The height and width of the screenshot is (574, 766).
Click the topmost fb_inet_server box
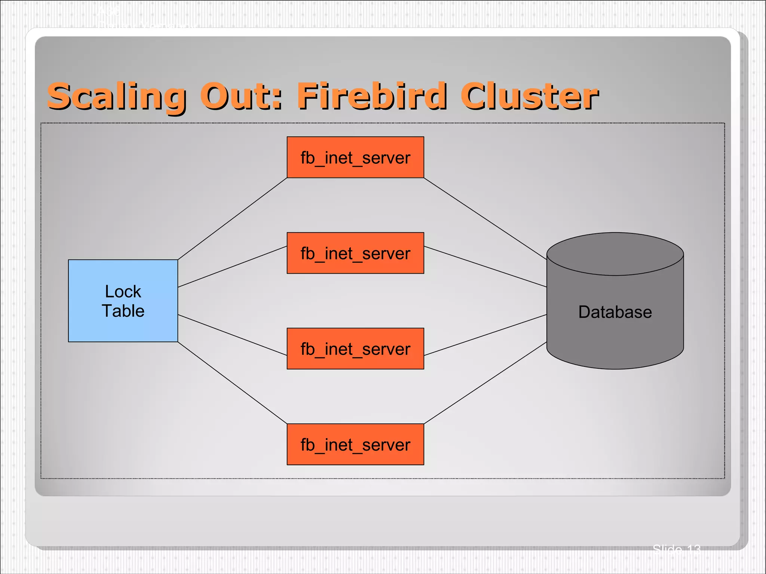[x=355, y=157]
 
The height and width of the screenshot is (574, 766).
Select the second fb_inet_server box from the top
[x=355, y=253]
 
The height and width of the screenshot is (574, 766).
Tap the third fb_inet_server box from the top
[x=355, y=349]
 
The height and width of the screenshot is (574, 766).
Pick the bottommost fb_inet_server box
[x=355, y=444]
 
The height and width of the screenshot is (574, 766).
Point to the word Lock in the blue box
[x=123, y=292]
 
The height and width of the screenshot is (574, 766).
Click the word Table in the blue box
[x=123, y=311]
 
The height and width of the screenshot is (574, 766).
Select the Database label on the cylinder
[x=615, y=312]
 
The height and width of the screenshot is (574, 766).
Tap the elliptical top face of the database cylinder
[x=615, y=254]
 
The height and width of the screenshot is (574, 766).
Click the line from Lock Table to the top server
[x=232, y=219]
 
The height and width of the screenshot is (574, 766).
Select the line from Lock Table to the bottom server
[x=232, y=383]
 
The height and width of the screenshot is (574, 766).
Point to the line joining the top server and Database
[x=485, y=218]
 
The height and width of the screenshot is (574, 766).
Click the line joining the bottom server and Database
[x=485, y=383]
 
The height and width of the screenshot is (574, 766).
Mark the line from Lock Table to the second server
[x=232, y=267]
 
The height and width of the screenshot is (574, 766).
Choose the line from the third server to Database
[x=485, y=335]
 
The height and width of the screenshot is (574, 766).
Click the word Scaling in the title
[x=116, y=97]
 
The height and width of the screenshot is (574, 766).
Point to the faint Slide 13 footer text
[x=676, y=549]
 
